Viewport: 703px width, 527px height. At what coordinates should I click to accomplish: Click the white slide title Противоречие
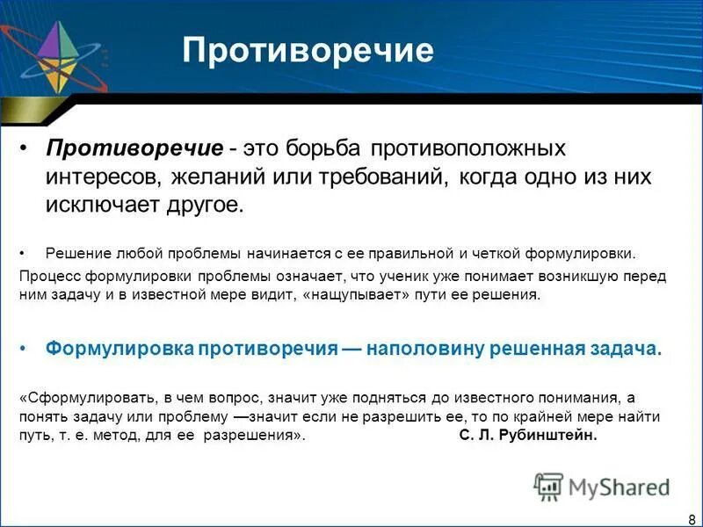point(308,51)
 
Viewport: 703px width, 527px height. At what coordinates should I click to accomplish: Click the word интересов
point(101,177)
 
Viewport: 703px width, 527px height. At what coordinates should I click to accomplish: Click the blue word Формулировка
point(120,349)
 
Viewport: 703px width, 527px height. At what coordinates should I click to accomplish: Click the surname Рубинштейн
point(554,437)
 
